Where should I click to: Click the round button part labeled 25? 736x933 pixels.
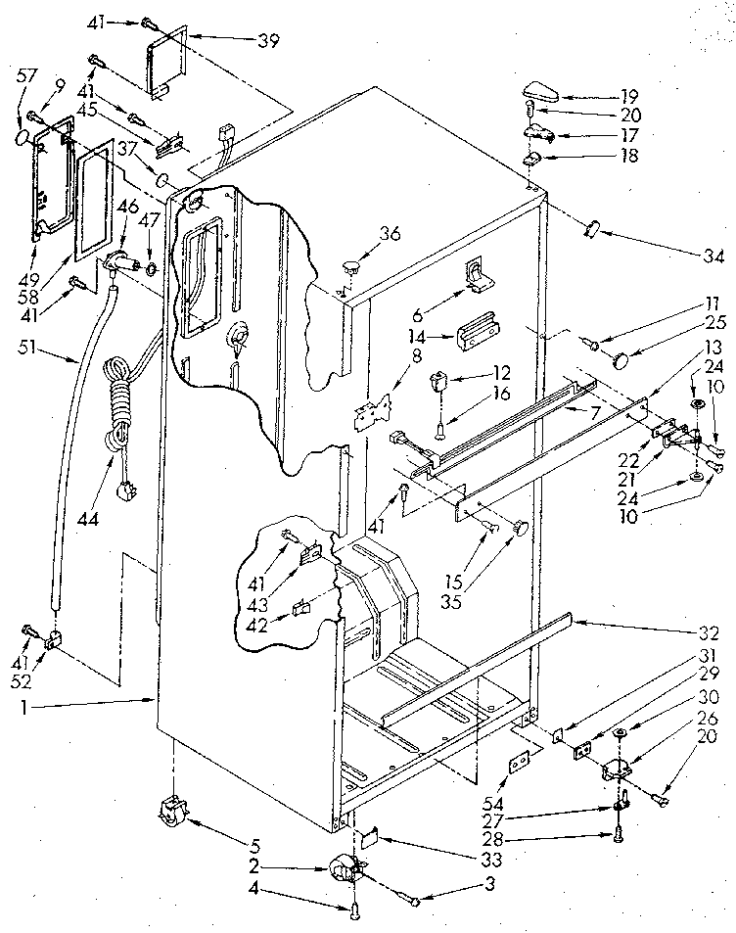coord(621,360)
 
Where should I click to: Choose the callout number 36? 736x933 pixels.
coord(390,233)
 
